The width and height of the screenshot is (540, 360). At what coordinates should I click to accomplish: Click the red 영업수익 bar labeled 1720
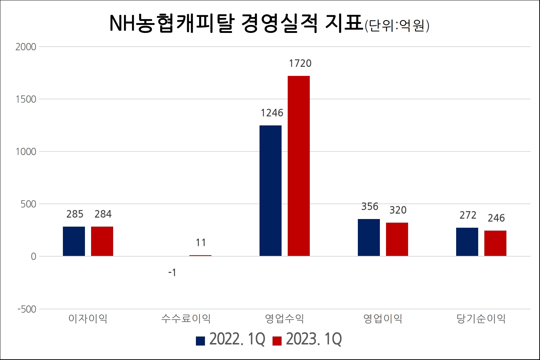click(x=299, y=166)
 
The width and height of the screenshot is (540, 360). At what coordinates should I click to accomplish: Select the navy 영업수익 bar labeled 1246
click(x=270, y=190)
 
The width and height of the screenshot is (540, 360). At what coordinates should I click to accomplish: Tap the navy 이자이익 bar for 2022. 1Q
click(x=74, y=241)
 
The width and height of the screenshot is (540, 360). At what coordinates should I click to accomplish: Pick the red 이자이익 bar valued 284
click(x=102, y=241)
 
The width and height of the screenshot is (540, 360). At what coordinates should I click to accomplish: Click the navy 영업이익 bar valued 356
click(x=369, y=237)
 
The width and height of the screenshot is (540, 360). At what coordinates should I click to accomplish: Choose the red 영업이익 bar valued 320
click(x=397, y=239)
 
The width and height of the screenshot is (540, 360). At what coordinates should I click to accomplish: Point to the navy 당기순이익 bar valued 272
click(x=467, y=242)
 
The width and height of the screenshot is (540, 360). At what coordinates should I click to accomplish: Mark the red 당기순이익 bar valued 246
click(x=495, y=243)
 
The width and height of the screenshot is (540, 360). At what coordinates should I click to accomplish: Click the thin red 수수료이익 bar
click(x=200, y=256)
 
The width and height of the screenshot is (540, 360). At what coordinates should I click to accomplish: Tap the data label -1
click(x=172, y=273)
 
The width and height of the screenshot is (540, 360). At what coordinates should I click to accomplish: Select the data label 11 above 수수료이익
click(x=201, y=243)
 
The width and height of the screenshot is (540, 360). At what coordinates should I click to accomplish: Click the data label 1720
click(x=300, y=64)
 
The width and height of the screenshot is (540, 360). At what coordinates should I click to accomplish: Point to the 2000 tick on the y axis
click(x=26, y=47)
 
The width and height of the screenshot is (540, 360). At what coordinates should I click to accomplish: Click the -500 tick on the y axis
click(x=27, y=309)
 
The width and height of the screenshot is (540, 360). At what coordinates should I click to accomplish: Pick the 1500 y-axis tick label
click(x=26, y=99)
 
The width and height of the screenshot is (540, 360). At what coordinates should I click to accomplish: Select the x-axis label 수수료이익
click(x=186, y=319)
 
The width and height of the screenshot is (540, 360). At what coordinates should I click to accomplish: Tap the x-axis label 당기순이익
click(x=481, y=319)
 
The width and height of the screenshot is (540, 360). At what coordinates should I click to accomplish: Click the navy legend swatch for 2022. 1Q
click(x=200, y=341)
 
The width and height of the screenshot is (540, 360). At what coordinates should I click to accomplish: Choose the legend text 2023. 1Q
click(x=314, y=339)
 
